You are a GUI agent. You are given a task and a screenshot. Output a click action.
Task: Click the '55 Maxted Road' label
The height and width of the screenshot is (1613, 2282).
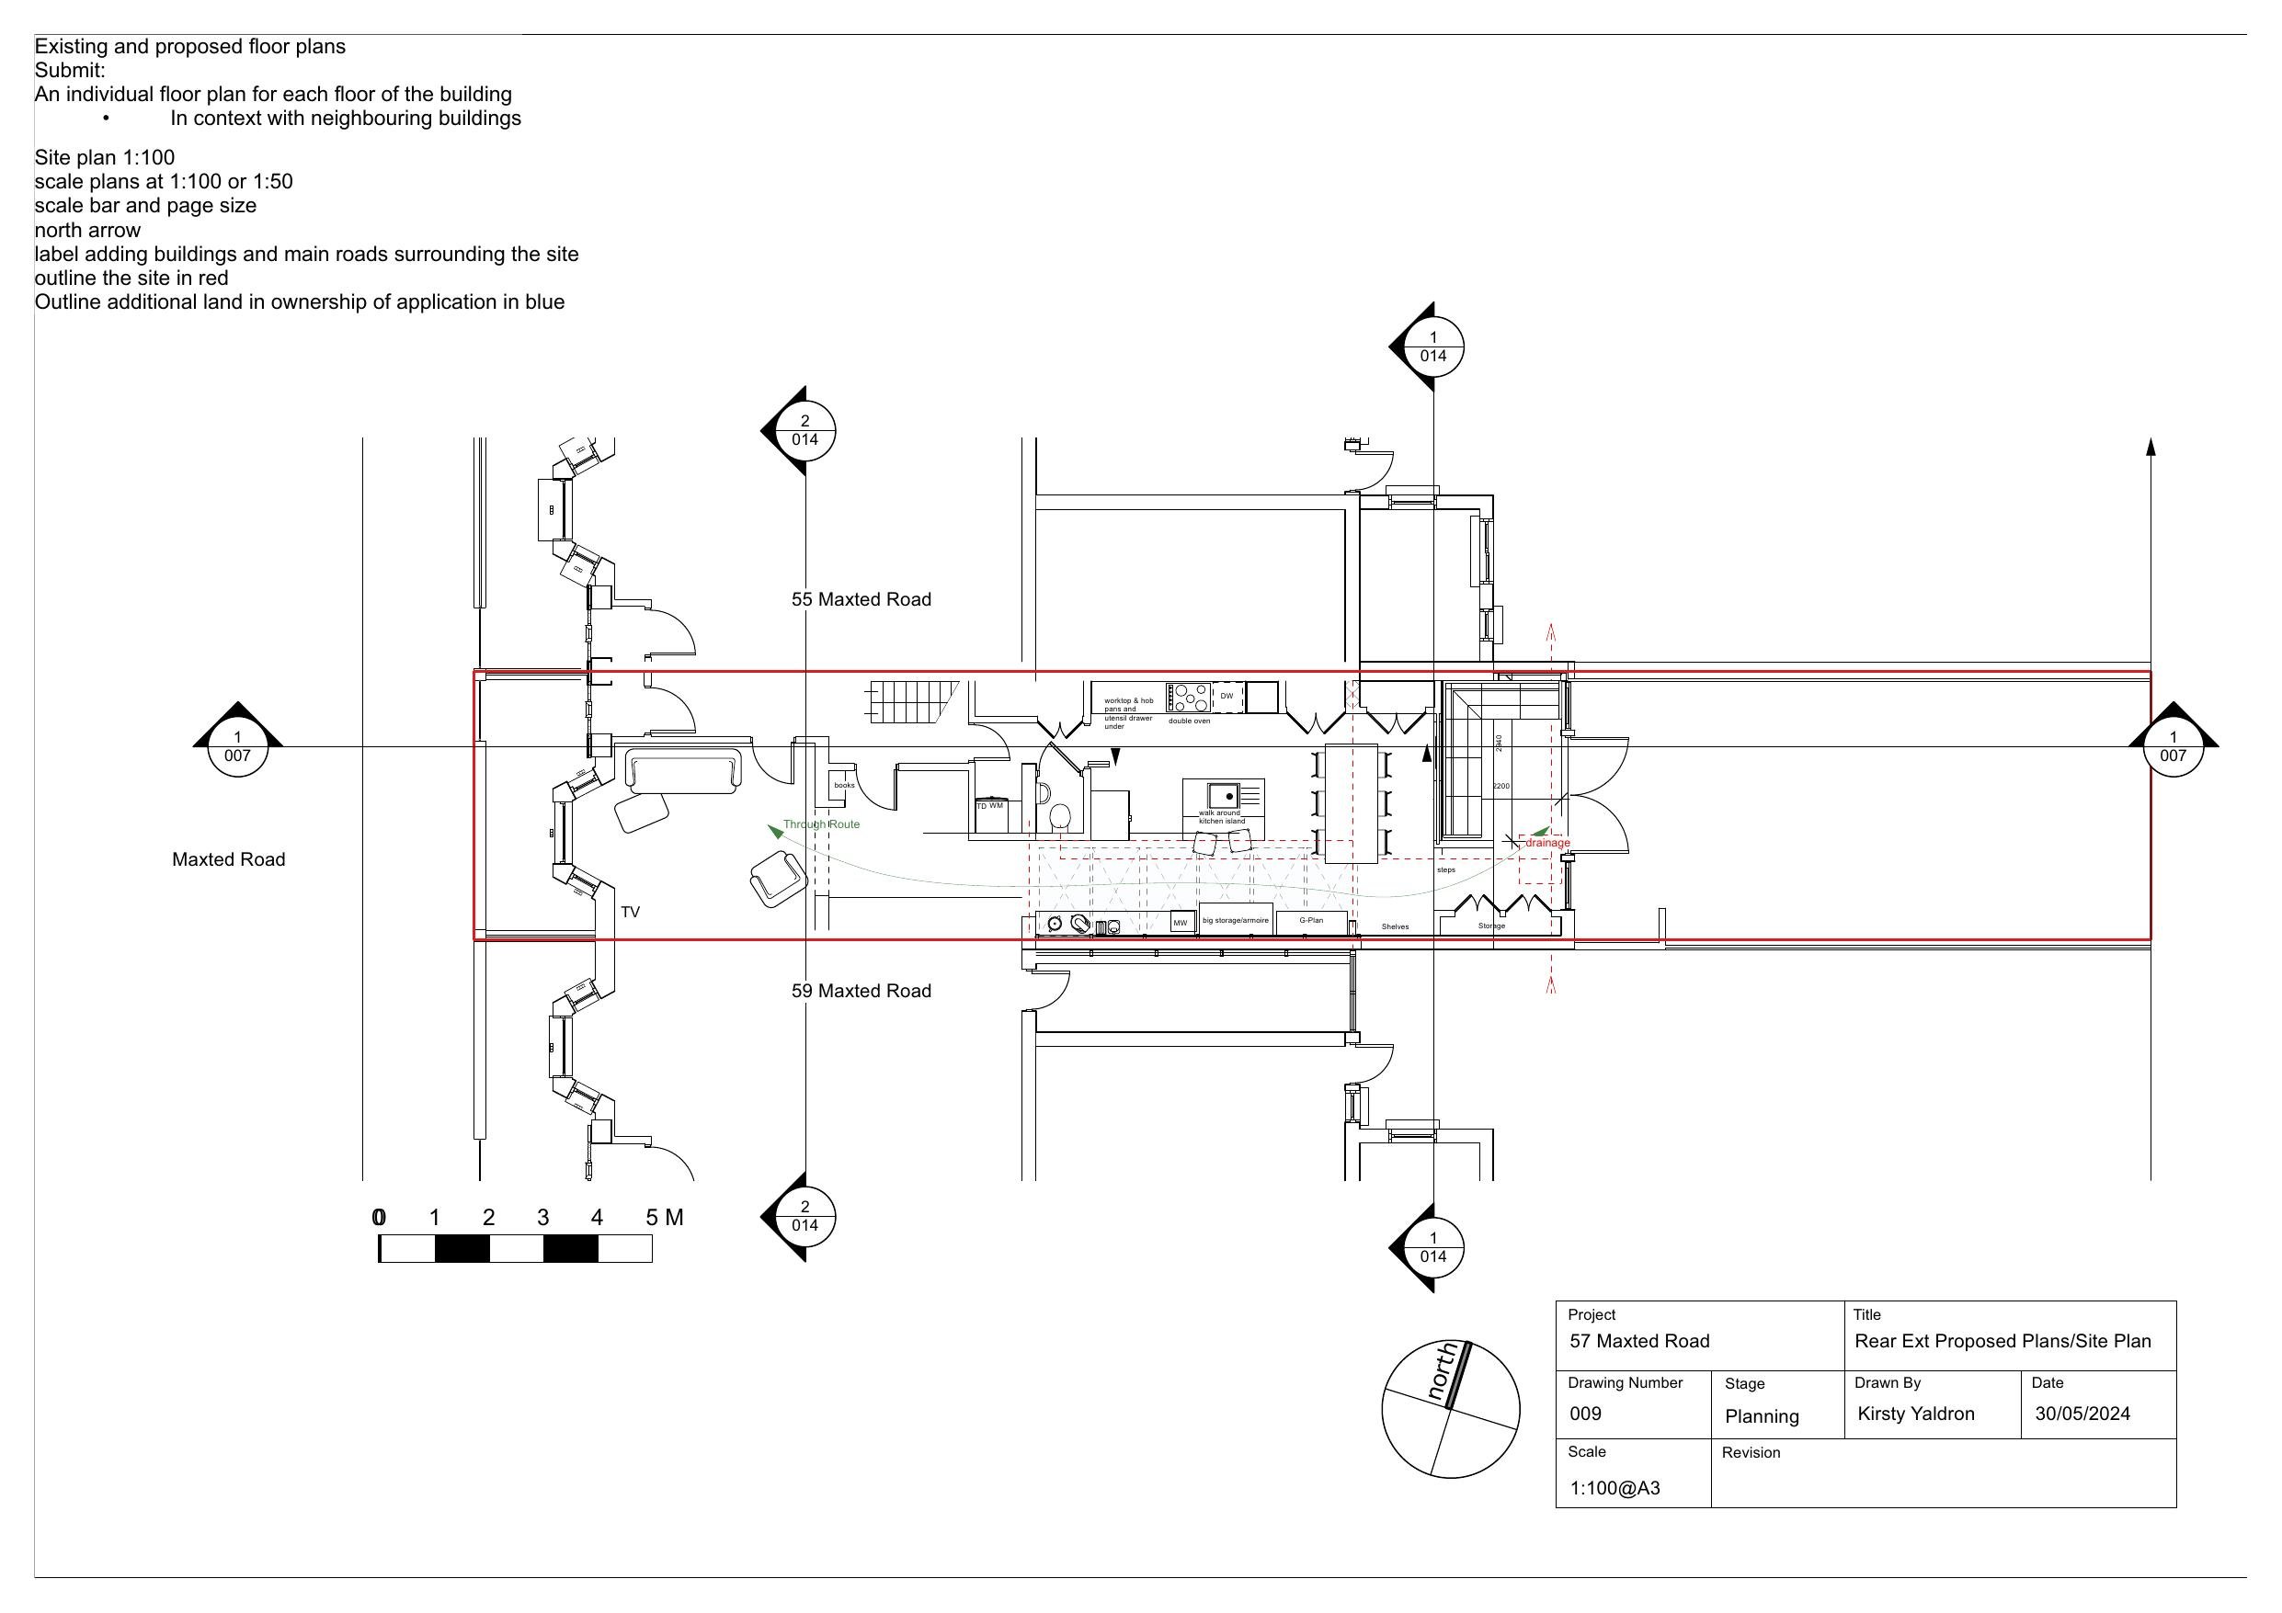(861, 599)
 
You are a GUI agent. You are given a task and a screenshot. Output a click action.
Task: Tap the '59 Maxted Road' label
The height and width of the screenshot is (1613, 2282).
(861, 991)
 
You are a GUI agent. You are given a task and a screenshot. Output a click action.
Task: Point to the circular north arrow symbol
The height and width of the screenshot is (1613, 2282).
(1450, 1408)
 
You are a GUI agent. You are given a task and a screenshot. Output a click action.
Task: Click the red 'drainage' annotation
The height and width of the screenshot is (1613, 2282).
(1547, 843)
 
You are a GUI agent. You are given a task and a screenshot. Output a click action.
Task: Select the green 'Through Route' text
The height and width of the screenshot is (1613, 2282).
(821, 824)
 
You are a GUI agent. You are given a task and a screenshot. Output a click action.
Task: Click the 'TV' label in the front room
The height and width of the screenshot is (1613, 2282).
(630, 912)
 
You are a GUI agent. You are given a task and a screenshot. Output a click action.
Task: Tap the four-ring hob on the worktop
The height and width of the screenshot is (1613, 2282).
(1189, 697)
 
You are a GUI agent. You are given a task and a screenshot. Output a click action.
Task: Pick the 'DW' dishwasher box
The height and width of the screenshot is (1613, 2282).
(1227, 697)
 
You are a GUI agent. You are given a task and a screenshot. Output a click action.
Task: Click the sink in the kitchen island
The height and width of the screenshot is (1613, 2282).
(1224, 795)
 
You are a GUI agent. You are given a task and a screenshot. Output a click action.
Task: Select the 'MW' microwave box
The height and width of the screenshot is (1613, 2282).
(1181, 922)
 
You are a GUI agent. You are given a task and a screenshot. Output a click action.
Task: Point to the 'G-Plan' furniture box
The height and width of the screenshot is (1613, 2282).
(1311, 921)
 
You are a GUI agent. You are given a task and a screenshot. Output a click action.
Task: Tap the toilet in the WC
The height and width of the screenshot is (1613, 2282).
(1059, 816)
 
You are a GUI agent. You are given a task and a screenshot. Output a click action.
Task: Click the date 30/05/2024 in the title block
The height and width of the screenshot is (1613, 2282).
(2082, 1414)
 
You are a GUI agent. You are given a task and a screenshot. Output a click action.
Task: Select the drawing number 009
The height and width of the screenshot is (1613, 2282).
(1585, 1414)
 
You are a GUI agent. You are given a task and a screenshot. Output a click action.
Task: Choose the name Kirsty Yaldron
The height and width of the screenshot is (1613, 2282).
(1915, 1414)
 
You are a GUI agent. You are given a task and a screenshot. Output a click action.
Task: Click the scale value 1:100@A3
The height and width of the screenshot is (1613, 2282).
(1615, 1488)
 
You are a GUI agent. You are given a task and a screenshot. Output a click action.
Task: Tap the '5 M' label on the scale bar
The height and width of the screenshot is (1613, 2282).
(664, 1218)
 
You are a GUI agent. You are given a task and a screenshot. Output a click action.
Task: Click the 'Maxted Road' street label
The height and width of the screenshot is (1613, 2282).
(229, 859)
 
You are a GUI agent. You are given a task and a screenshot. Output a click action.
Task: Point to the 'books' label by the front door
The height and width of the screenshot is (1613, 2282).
(844, 785)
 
